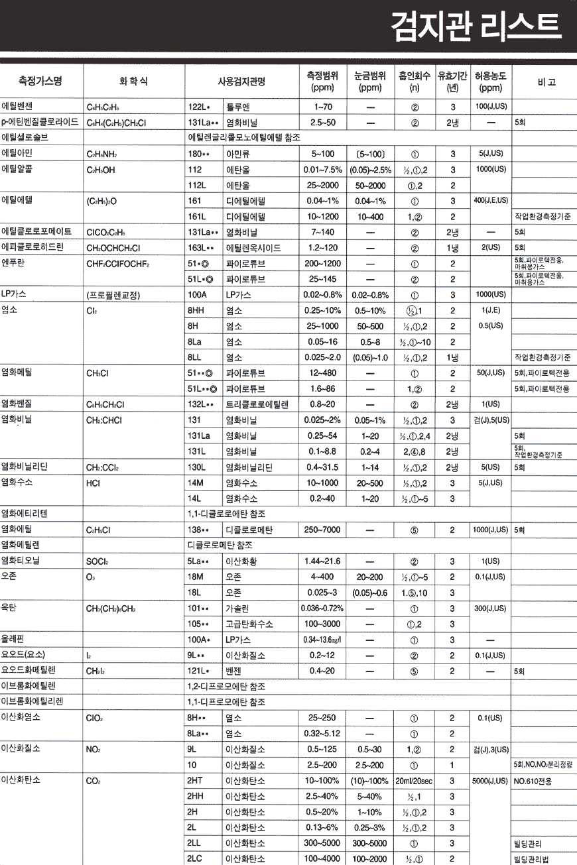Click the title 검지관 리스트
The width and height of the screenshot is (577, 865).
[x=476, y=27]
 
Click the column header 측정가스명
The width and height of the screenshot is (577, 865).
[x=40, y=82]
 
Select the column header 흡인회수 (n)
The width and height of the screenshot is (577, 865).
[x=415, y=82]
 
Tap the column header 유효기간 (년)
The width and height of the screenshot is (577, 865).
[x=453, y=82]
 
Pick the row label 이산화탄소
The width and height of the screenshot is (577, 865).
[x=21, y=781]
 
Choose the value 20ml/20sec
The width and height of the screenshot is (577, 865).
[x=415, y=781]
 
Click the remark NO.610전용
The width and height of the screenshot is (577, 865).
[x=533, y=781]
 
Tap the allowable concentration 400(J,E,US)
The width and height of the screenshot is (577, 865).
[x=491, y=200]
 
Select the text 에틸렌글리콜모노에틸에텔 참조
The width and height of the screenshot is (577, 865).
[x=245, y=138]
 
